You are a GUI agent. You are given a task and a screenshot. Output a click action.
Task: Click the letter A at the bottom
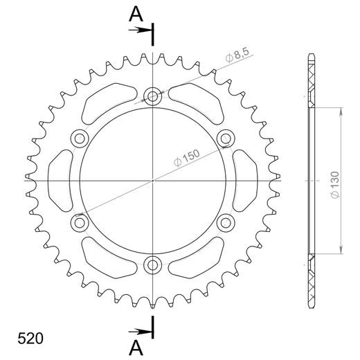click(136, 345)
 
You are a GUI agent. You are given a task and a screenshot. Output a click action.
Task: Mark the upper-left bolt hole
click(80, 139)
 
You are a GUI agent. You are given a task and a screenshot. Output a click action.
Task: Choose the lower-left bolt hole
click(80, 222)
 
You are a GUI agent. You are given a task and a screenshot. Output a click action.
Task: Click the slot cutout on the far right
click(245, 181)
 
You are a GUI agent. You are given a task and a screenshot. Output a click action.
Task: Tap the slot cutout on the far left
click(60, 181)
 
